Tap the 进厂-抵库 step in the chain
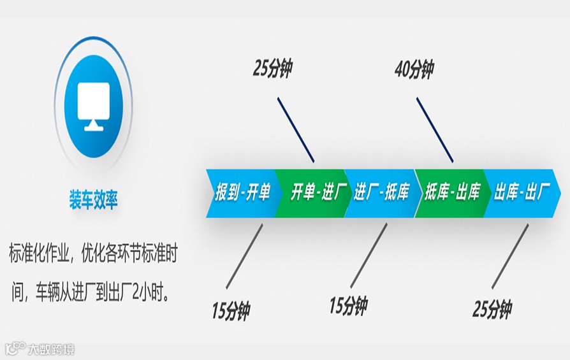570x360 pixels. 382,193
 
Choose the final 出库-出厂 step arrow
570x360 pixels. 520,193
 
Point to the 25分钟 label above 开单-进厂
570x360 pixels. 272,69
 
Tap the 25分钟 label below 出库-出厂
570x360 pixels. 492,310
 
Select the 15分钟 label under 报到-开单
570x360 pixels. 230,311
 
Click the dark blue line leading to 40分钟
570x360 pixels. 435,130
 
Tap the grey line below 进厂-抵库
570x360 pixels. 369,254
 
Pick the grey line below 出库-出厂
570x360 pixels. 510,255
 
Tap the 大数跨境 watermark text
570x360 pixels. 51,349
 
